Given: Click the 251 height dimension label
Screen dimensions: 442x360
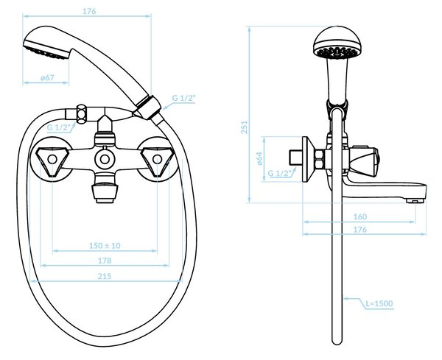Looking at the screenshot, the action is click(244, 127).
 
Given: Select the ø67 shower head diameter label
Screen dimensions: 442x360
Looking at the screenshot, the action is click(47, 77).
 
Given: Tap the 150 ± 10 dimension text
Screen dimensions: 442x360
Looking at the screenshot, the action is click(105, 245).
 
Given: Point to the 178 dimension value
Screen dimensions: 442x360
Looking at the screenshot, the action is click(105, 261).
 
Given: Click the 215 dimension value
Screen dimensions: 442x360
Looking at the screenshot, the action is click(105, 276).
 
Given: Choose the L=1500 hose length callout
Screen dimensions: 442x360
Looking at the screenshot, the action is click(379, 303).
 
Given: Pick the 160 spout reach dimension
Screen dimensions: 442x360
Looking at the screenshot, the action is click(360, 216).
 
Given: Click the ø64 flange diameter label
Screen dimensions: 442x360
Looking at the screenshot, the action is click(259, 158).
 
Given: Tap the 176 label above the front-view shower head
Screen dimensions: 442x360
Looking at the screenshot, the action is click(89, 11).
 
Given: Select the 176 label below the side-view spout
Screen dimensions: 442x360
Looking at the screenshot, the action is click(360, 230).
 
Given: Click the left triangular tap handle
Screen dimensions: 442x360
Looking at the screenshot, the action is click(52, 161).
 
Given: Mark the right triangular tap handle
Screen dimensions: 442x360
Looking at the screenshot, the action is click(157, 161).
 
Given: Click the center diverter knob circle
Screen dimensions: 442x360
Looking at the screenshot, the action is click(105, 160).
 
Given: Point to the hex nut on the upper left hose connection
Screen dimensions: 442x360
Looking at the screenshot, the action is click(82, 114).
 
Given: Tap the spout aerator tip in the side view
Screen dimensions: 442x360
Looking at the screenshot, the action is click(415, 201).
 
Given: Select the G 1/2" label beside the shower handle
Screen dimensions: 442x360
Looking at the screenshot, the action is click(183, 99).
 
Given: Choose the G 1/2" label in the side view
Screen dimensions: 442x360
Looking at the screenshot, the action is click(280, 173).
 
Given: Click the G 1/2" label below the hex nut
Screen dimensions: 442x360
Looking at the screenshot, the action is click(59, 127).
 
